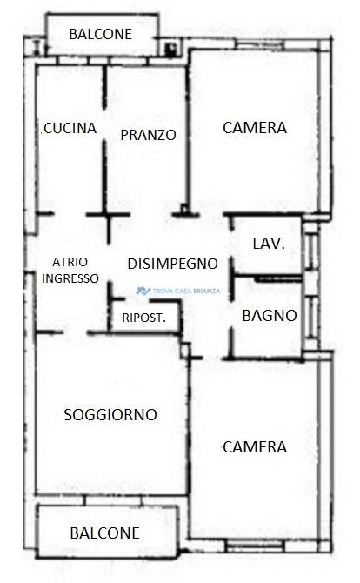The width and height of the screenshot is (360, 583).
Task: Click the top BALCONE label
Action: [101, 34]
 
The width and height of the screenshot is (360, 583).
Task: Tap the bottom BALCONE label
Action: [104, 533]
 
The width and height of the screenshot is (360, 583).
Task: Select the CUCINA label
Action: [70, 128]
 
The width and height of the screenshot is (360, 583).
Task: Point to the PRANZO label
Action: [148, 135]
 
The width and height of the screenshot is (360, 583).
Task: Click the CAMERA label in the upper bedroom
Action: [255, 128]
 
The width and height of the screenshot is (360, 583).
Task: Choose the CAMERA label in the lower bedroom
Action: [255, 447]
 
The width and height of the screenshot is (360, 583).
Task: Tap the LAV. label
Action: [269, 244]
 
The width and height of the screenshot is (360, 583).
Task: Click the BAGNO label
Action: [270, 316]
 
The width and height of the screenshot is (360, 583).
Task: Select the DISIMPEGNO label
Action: [172, 264]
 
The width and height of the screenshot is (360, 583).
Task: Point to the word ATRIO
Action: [70, 262]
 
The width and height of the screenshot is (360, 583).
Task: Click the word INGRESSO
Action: [70, 278]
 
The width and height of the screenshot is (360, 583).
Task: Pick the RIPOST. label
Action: [144, 318]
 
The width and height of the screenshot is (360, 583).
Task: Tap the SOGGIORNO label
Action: [110, 414]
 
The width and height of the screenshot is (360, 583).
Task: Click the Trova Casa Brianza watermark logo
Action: [178, 291]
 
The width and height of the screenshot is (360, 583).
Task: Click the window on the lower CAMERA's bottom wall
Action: [255, 546]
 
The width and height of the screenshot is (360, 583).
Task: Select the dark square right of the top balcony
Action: [171, 49]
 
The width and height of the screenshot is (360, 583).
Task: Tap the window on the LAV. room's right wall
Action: [311, 251]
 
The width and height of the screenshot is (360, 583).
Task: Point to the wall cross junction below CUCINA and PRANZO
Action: [108, 215]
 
